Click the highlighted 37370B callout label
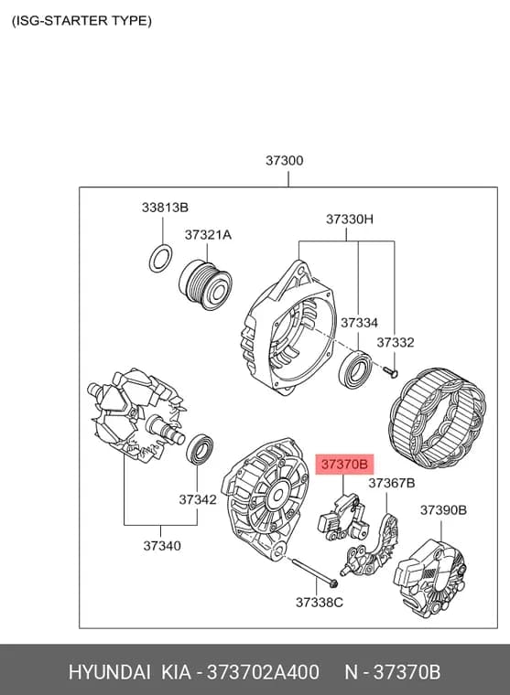pyautogui.click(x=344, y=464)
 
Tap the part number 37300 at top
pyautogui.click(x=285, y=160)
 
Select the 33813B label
pyautogui.click(x=165, y=207)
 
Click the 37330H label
pyautogui.click(x=350, y=219)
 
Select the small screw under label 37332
pyautogui.click(x=391, y=372)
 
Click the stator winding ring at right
pyautogui.click(x=438, y=419)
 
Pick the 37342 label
pyautogui.click(x=198, y=499)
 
